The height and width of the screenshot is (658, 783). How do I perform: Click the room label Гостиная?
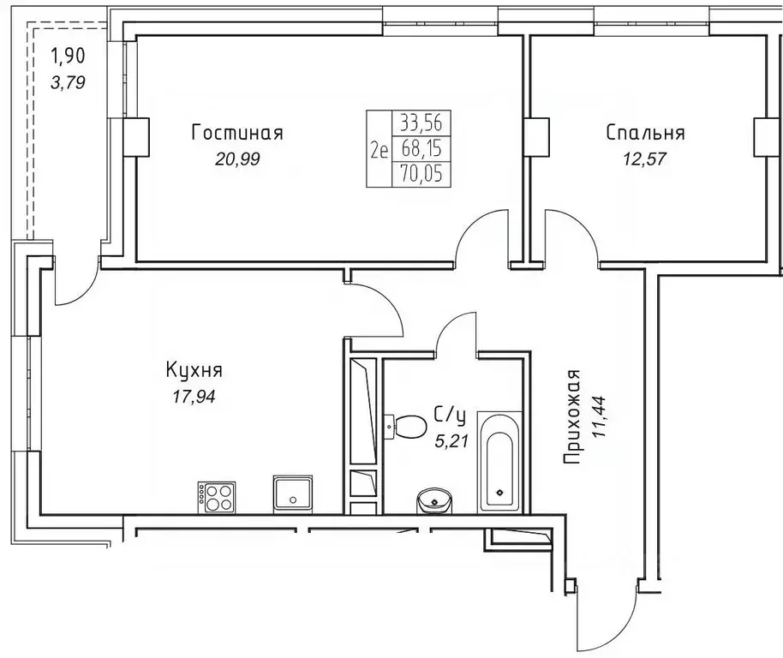click(237, 133)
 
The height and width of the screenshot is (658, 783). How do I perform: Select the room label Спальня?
click(645, 133)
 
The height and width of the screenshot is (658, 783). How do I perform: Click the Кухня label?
click(194, 370)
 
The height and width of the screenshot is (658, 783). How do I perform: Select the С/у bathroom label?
click(451, 416)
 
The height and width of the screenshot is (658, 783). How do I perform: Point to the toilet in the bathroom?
click(408, 424)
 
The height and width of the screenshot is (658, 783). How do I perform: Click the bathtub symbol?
click(498, 463)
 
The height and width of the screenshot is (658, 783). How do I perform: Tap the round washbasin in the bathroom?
click(435, 499)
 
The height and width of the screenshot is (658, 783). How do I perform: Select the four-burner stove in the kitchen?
click(216, 496)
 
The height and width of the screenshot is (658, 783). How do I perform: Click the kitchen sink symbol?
click(293, 494)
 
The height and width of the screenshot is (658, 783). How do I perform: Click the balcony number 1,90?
click(69, 58)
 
